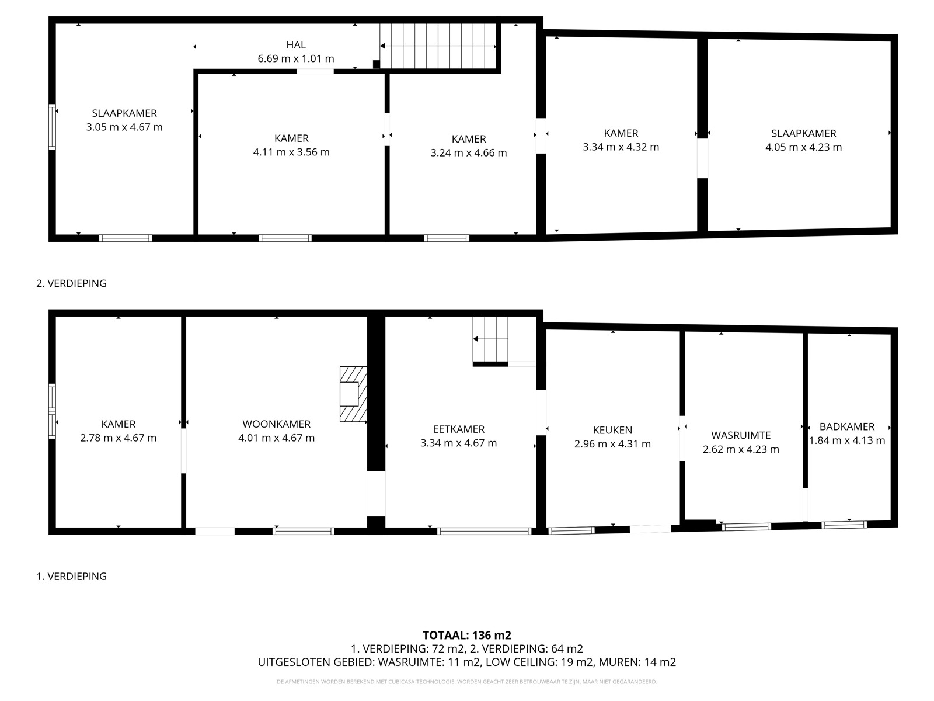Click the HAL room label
click(x=296, y=45)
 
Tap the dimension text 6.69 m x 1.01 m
click(x=296, y=59)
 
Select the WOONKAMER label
click(x=276, y=424)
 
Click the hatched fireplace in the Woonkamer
click(x=353, y=394)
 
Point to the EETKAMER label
click(x=458, y=429)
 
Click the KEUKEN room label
click(x=612, y=431)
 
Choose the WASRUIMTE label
click(x=741, y=435)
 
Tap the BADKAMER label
click(x=846, y=426)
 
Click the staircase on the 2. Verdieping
click(x=439, y=46)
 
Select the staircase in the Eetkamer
click(x=490, y=339)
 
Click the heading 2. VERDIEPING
click(x=71, y=283)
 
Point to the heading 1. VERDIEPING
click(x=71, y=576)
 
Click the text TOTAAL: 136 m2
click(x=467, y=635)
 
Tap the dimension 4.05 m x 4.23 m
click(x=803, y=147)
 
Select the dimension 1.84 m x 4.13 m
click(x=846, y=440)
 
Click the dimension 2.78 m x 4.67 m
click(x=118, y=438)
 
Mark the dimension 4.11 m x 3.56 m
click(x=291, y=152)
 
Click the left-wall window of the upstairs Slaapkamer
click(x=52, y=127)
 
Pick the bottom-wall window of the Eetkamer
click(x=484, y=531)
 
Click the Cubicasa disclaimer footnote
click(x=467, y=682)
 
